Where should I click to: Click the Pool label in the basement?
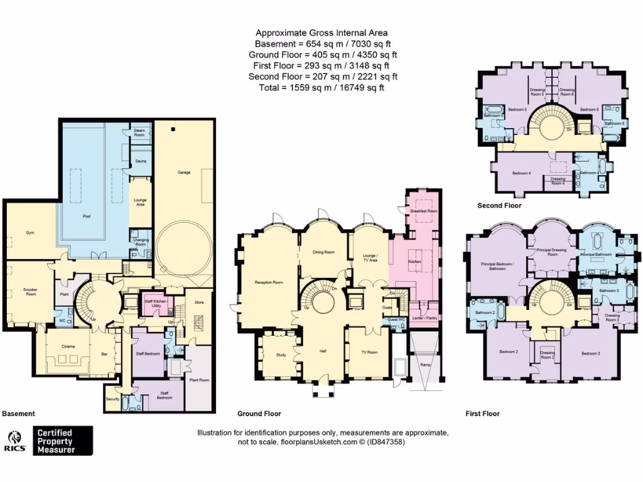[87, 216]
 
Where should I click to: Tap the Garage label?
[183, 171]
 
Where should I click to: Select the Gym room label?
[30, 232]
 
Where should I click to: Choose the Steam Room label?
[139, 132]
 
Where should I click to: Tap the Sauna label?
[141, 161]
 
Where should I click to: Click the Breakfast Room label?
[423, 212]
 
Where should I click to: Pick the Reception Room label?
[269, 282]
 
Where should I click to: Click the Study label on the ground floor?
[281, 355]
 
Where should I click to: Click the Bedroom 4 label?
[521, 173]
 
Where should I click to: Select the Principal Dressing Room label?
[552, 252]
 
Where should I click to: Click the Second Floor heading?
[499, 205]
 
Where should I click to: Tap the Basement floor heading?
[19, 414]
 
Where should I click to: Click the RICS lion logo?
[15, 438]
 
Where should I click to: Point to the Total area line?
[321, 88]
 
